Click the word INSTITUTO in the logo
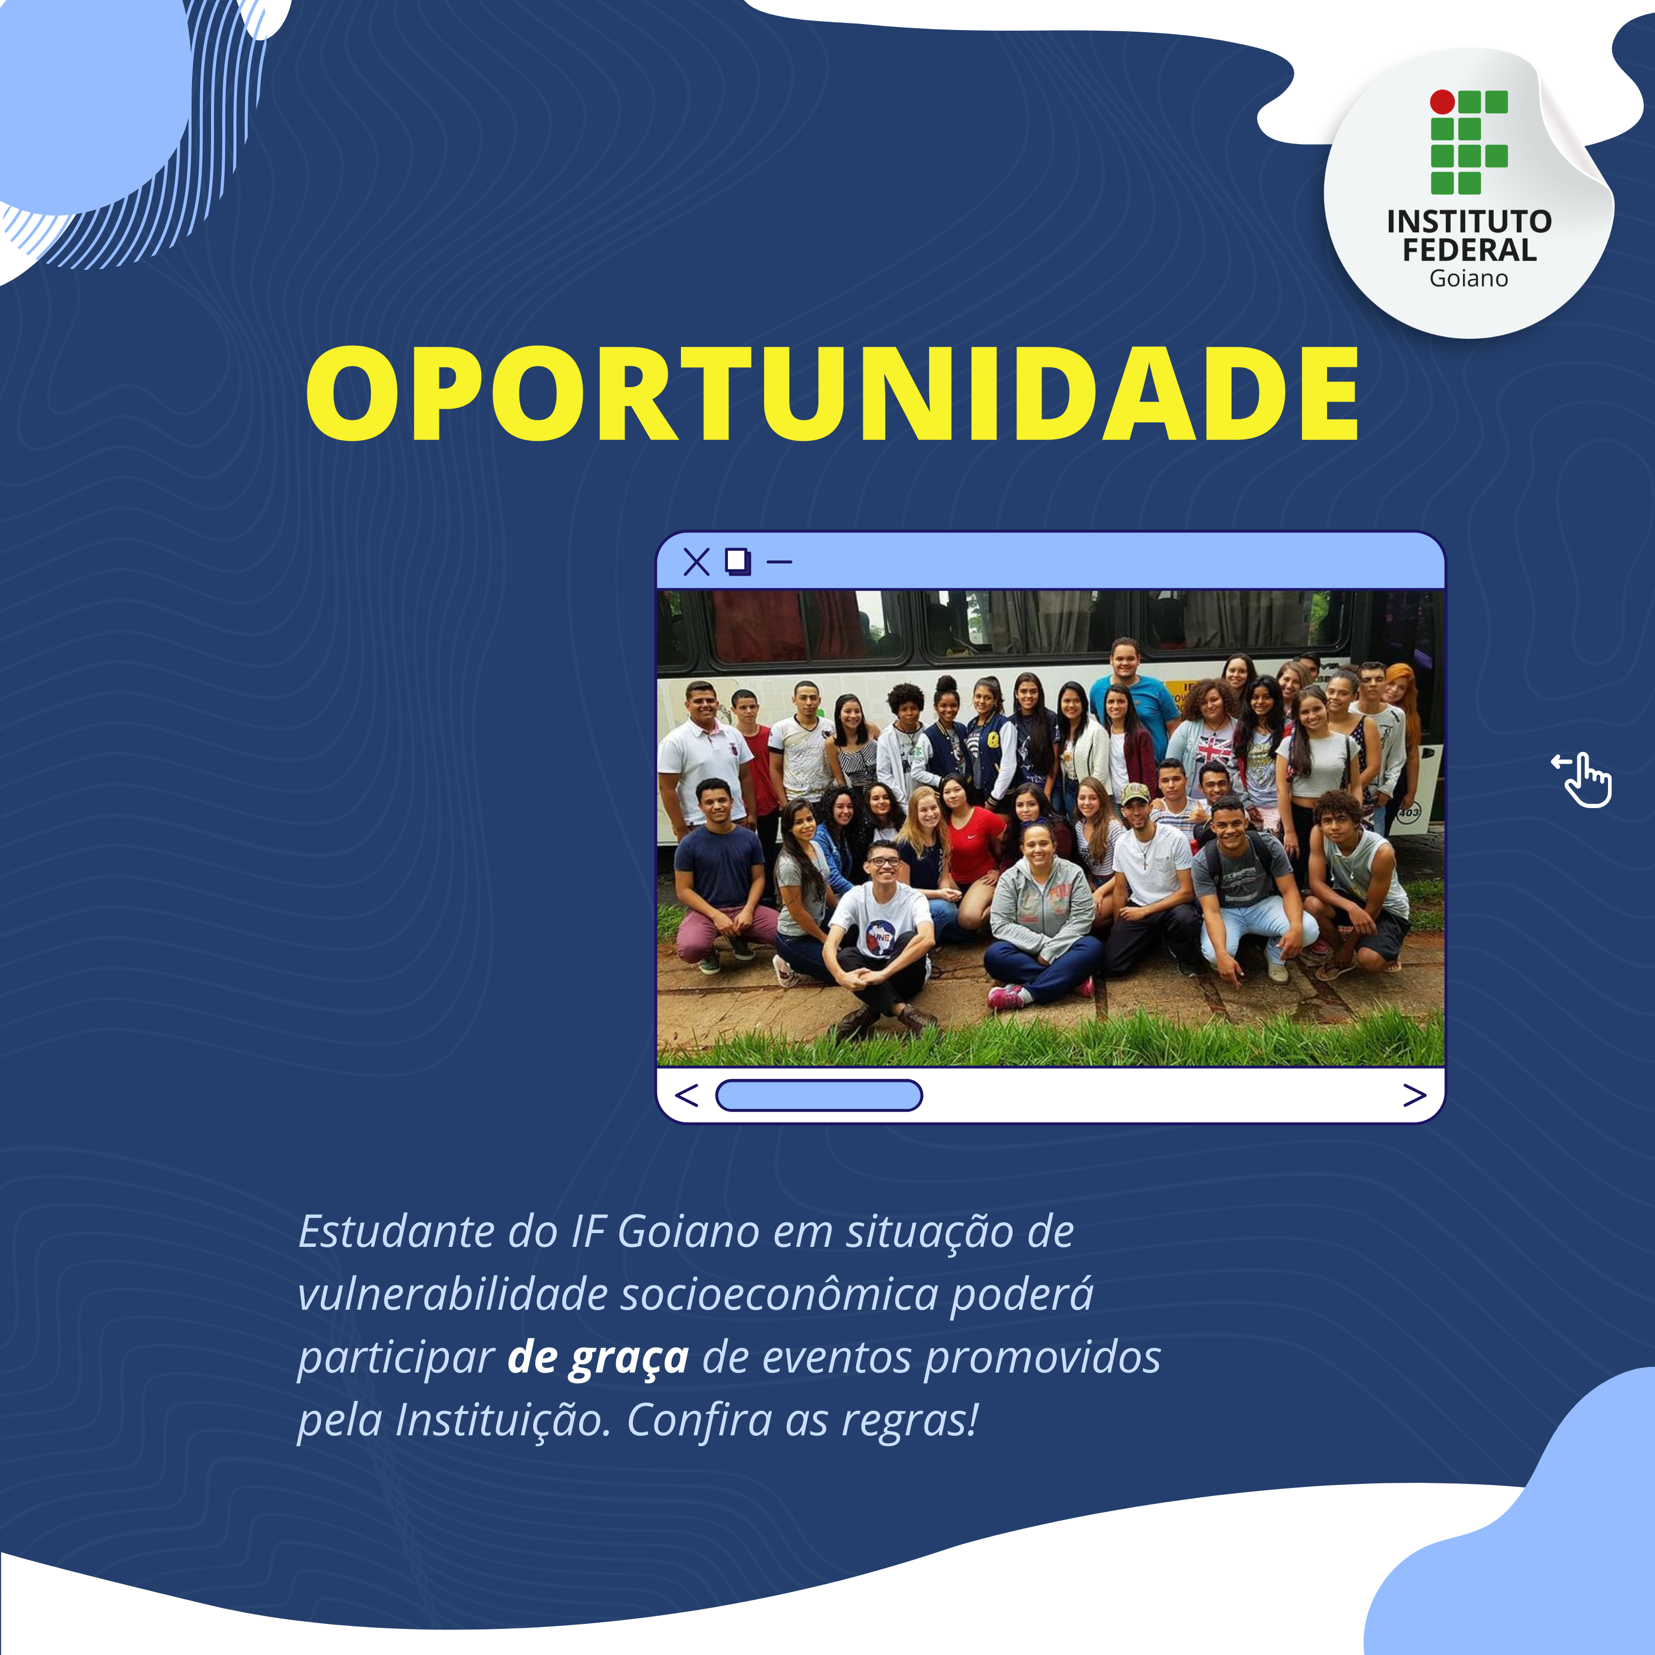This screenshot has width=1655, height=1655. coord(1469,222)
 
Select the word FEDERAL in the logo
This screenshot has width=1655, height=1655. coord(1469,250)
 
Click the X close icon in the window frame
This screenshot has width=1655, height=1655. coord(696,562)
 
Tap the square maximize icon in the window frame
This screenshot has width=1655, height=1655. coord(738,562)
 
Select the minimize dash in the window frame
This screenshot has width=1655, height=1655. coord(778,563)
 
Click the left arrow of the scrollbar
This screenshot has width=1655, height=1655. coord(687,1095)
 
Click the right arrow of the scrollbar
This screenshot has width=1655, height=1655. coord(1414,1095)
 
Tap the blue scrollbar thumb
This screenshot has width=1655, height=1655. coord(819,1095)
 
